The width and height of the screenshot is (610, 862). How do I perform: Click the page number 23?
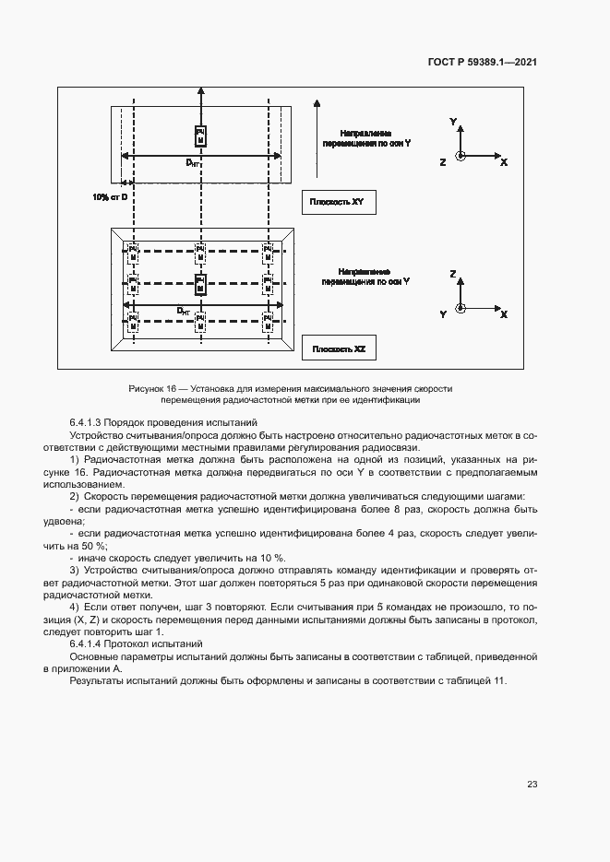[532, 785]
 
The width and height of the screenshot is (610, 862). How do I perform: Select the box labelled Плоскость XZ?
[339, 349]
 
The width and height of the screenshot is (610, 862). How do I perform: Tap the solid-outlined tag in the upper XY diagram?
[200, 136]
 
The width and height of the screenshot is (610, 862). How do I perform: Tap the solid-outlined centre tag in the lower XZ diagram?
[200, 283]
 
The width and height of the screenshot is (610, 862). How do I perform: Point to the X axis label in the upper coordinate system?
[504, 162]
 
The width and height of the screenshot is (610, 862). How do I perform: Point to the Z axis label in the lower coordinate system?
[453, 275]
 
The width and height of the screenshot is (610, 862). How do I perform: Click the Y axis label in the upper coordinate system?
[453, 122]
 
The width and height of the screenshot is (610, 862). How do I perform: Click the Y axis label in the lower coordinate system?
[443, 314]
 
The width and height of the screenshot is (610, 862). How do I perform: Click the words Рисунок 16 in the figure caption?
[150, 389]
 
